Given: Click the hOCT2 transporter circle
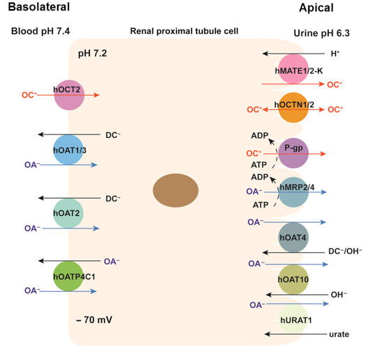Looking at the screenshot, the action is pos(69,95).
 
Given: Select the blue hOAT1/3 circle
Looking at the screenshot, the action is pos(68,150).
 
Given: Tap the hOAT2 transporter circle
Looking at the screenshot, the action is pos(68,213).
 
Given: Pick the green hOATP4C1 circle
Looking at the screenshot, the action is pos(68,276).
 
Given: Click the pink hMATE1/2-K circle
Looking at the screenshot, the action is pos(293,69).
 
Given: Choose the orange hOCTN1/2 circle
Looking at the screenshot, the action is pos(293,107).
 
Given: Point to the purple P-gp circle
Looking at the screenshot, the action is pos(293,153).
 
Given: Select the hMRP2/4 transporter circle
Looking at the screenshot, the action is pos(293,192).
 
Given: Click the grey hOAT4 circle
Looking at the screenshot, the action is pos(293,237).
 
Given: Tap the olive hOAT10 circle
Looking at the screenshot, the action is pos(293,279).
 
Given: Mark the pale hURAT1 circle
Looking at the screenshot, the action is pos(293,320).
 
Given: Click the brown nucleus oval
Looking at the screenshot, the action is pos(176,190).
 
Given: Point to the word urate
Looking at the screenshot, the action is pos(339,334).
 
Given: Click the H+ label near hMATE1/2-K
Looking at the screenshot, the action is pos(335,54).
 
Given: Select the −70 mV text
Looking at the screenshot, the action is pos(94,320).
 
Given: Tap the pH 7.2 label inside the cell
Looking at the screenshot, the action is pos(92,54).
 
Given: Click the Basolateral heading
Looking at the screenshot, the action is pos(39,7).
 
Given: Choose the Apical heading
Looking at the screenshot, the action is pos(316,8).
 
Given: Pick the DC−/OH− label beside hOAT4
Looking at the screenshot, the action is pos(345,251).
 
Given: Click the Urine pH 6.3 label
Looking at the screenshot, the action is pos(321,33).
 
